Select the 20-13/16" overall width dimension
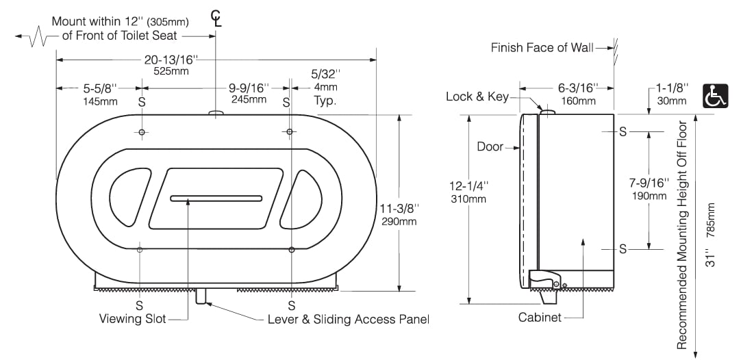pos(166,60)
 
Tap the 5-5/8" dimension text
pos(100,88)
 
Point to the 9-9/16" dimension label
pos(248,88)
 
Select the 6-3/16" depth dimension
pos(577,88)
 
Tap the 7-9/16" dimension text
pos(648,183)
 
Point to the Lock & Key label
pos(477,97)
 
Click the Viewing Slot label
pos(133,319)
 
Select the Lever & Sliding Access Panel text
pos(348,319)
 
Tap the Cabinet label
pos(540,317)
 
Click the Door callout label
pos(490,146)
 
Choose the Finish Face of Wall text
pos(542,47)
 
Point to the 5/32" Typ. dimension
pos(325,86)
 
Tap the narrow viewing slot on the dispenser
pos(216,198)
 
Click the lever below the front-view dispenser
pos(201,295)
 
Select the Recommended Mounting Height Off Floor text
pos(682,234)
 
